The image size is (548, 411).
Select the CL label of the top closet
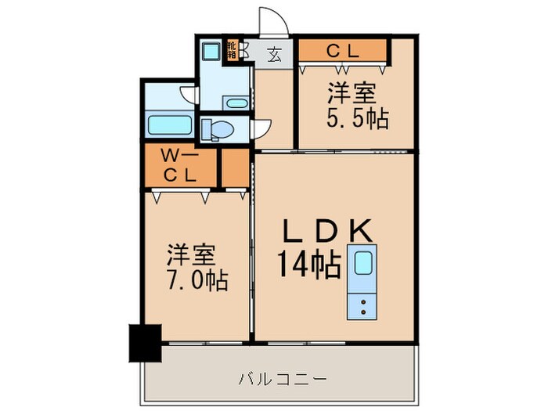coord(342,51)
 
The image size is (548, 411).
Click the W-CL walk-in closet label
coord(178,165)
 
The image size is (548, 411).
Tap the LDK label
coord(330,233)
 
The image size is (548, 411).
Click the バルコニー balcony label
coord(283,380)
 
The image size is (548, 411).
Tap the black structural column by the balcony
coord(144,343)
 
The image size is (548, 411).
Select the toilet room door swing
coord(261,128)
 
